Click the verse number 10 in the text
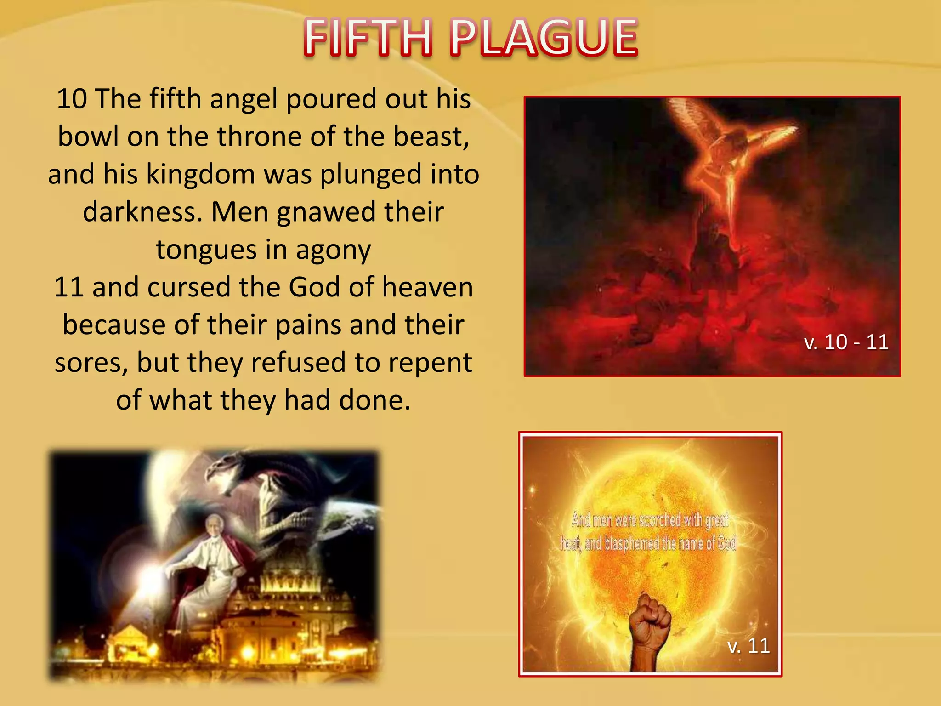[72, 99]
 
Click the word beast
[431, 137]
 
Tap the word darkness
[142, 212]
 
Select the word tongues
[206, 251]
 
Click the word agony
[333, 251]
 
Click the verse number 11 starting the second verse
[69, 287]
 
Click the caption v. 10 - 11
[846, 342]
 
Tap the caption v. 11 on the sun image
[748, 646]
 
